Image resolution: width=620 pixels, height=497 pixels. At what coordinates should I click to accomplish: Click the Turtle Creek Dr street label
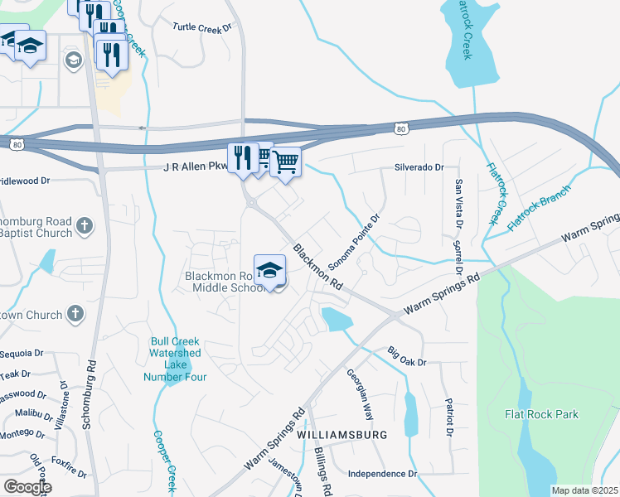201,27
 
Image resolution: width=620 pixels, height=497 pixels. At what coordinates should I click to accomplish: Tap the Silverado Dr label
419,167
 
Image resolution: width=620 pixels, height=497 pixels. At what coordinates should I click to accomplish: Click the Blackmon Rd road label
318,267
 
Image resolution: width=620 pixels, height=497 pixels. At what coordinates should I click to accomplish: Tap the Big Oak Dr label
406,357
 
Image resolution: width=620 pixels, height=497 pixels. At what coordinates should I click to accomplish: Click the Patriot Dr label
449,420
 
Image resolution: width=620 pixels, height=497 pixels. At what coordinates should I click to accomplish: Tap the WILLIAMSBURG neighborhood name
342,435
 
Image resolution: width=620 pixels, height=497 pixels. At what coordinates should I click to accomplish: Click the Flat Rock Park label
542,414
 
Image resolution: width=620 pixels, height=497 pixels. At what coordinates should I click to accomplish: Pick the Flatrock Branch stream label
540,209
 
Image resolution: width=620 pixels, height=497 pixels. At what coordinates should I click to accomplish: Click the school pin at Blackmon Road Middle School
269,272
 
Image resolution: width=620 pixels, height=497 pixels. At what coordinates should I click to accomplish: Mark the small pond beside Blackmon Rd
335,319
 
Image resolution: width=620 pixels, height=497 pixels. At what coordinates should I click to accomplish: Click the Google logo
27,487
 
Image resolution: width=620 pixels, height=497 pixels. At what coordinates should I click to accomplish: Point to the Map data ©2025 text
584,490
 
